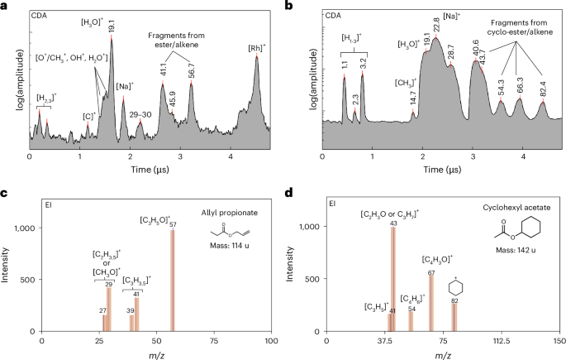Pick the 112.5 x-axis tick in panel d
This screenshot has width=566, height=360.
pyautogui.click(x=508, y=339)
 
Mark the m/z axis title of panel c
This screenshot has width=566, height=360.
pyautogui.click(x=150, y=354)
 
